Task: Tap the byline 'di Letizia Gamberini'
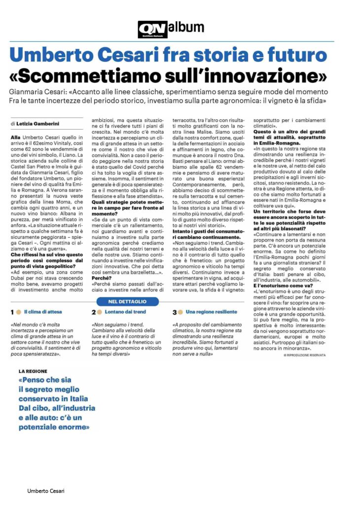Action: [x=37, y=123]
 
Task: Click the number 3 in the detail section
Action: [x=174, y=312]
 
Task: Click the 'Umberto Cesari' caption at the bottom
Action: [x=46, y=491]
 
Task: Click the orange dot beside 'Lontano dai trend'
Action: [x=100, y=313]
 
